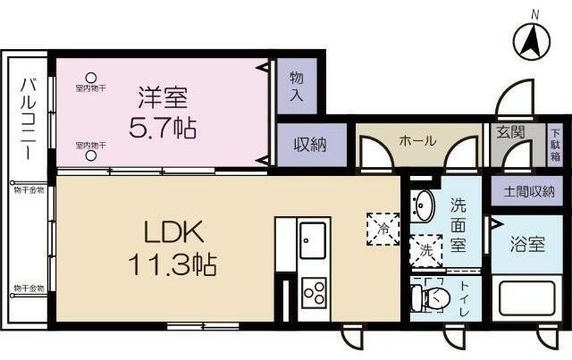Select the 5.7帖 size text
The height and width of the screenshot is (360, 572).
click(162, 127)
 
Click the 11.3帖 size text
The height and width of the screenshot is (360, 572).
click(176, 265)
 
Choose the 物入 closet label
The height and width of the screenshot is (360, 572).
click(296, 87)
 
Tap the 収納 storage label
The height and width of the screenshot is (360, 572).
click(308, 145)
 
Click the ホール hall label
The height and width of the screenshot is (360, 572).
click(416, 141)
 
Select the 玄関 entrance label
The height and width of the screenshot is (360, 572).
click(511, 133)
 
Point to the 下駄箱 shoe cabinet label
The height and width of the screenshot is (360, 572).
click(554, 143)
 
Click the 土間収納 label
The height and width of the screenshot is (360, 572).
click(524, 189)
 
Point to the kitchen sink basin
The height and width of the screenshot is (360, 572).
click(314, 240)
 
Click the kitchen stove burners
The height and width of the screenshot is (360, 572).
click(314, 292)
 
